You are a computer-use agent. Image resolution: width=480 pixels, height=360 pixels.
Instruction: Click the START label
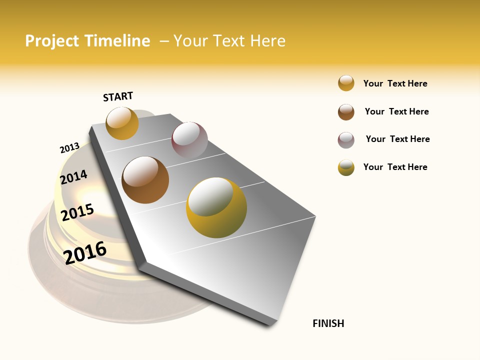point(118,96)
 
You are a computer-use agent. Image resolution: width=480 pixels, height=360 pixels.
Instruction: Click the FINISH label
point(328,323)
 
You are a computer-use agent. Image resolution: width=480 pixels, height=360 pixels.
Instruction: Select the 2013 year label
point(69,148)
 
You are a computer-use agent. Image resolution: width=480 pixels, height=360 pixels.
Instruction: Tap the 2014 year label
point(73,177)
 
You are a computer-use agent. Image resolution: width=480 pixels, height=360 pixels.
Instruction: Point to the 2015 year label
point(77,212)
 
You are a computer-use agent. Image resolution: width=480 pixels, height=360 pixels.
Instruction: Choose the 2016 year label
point(85,252)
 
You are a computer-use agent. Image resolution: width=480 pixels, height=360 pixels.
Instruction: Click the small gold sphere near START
point(122,123)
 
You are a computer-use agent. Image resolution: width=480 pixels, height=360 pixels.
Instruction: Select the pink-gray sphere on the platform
point(189,140)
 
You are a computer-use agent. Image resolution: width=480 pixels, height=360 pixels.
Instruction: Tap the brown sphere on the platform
point(145,180)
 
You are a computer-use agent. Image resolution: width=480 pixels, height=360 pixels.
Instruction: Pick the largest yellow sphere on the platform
point(216,207)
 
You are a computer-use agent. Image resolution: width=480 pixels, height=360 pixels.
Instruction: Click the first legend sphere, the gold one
point(346,83)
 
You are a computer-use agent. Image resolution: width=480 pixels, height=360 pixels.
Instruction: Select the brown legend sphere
point(346,112)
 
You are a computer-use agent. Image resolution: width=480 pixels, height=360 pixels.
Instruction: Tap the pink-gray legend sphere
point(346,140)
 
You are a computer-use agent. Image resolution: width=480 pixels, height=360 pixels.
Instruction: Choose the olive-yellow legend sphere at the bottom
point(346,167)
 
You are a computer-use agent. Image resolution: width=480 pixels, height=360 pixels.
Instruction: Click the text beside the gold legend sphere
point(395,83)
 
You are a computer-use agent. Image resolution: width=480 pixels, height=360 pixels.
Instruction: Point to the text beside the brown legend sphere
point(396,111)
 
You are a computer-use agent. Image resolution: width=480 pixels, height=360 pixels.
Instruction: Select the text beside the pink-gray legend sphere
point(397,139)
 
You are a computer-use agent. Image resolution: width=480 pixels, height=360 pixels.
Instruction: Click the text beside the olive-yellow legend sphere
point(395,167)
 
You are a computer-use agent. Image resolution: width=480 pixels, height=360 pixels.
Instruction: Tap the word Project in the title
point(52,41)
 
